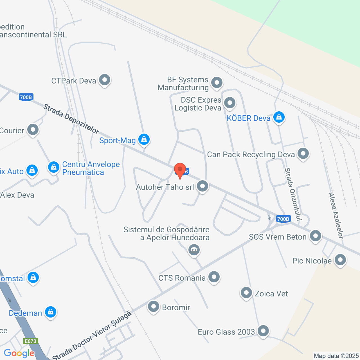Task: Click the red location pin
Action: (x=180, y=170)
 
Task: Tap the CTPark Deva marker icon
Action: (x=105, y=80)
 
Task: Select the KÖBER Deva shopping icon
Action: (x=279, y=117)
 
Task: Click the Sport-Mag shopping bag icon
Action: (x=144, y=139)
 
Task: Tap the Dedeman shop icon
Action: (x=51, y=312)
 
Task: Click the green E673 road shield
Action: (x=30, y=341)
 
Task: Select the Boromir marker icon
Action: (x=154, y=307)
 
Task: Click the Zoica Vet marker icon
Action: (x=246, y=293)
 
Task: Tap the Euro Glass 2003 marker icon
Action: (x=263, y=331)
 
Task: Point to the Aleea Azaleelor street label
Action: (x=336, y=216)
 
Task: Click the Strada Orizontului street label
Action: (x=293, y=194)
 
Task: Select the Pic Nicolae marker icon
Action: (x=340, y=260)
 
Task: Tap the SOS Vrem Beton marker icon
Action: (x=316, y=236)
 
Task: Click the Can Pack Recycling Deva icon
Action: (x=303, y=154)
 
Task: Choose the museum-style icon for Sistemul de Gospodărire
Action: (x=194, y=249)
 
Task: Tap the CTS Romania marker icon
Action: (x=214, y=277)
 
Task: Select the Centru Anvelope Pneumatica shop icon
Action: (x=53, y=167)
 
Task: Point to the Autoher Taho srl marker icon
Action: (x=202, y=186)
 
